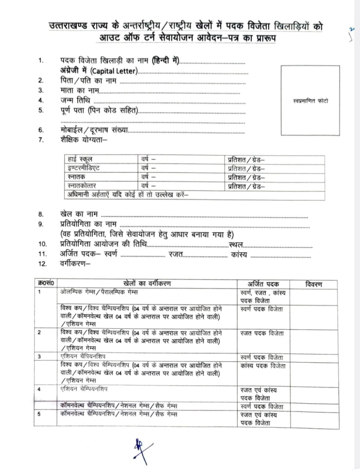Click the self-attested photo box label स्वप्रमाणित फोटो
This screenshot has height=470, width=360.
[310, 100]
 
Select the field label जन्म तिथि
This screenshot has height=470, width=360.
[75, 100]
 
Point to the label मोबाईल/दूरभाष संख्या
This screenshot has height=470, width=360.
[94, 130]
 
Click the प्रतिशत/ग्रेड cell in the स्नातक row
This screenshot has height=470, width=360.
[246, 177]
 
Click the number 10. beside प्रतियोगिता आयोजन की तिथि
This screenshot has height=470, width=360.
[43, 244]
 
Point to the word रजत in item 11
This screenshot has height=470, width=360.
[176, 254]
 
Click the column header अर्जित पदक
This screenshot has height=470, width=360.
[263, 284]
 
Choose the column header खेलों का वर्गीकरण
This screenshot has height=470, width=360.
[147, 284]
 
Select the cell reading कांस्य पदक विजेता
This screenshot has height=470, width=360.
[262, 366]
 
